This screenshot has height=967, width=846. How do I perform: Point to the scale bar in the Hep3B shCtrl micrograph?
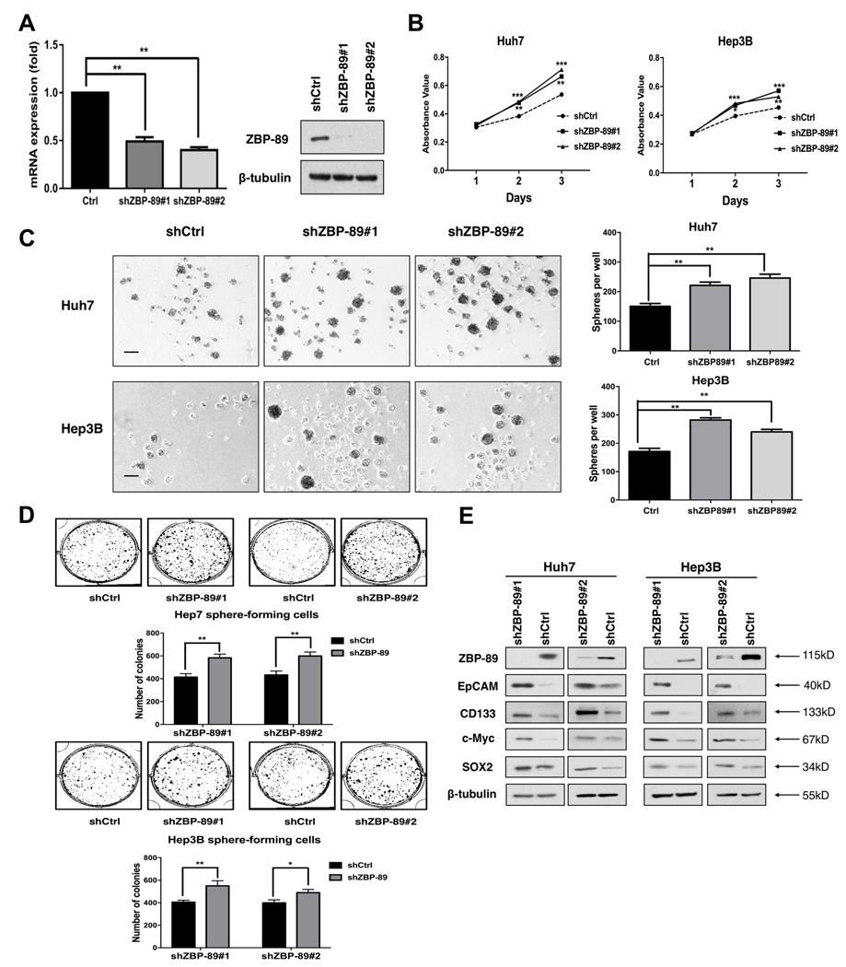click(131, 475)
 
